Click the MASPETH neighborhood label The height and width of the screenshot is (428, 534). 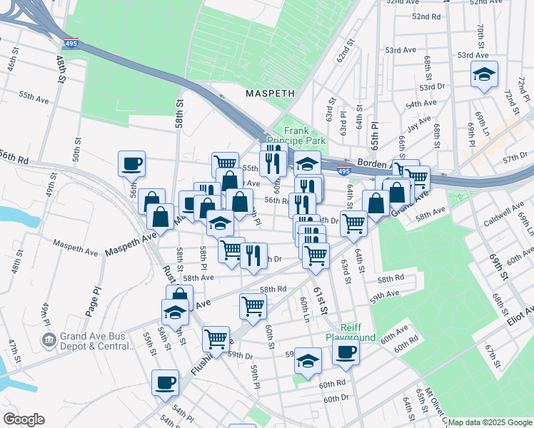270,93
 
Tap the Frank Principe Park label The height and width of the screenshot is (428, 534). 305,136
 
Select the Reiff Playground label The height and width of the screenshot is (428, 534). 351,331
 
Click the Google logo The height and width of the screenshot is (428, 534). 24,419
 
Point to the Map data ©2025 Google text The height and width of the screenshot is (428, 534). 490,422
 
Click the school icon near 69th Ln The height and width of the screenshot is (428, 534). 483,73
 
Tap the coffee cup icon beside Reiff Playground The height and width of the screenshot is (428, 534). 346,352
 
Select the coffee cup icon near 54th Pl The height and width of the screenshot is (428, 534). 165,382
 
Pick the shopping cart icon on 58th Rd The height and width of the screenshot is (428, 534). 253,305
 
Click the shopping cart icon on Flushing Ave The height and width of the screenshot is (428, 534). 216,338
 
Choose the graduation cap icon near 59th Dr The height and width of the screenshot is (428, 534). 308,360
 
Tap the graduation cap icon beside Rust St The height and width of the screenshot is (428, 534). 175,311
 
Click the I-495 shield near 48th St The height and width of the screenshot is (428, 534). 71,44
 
